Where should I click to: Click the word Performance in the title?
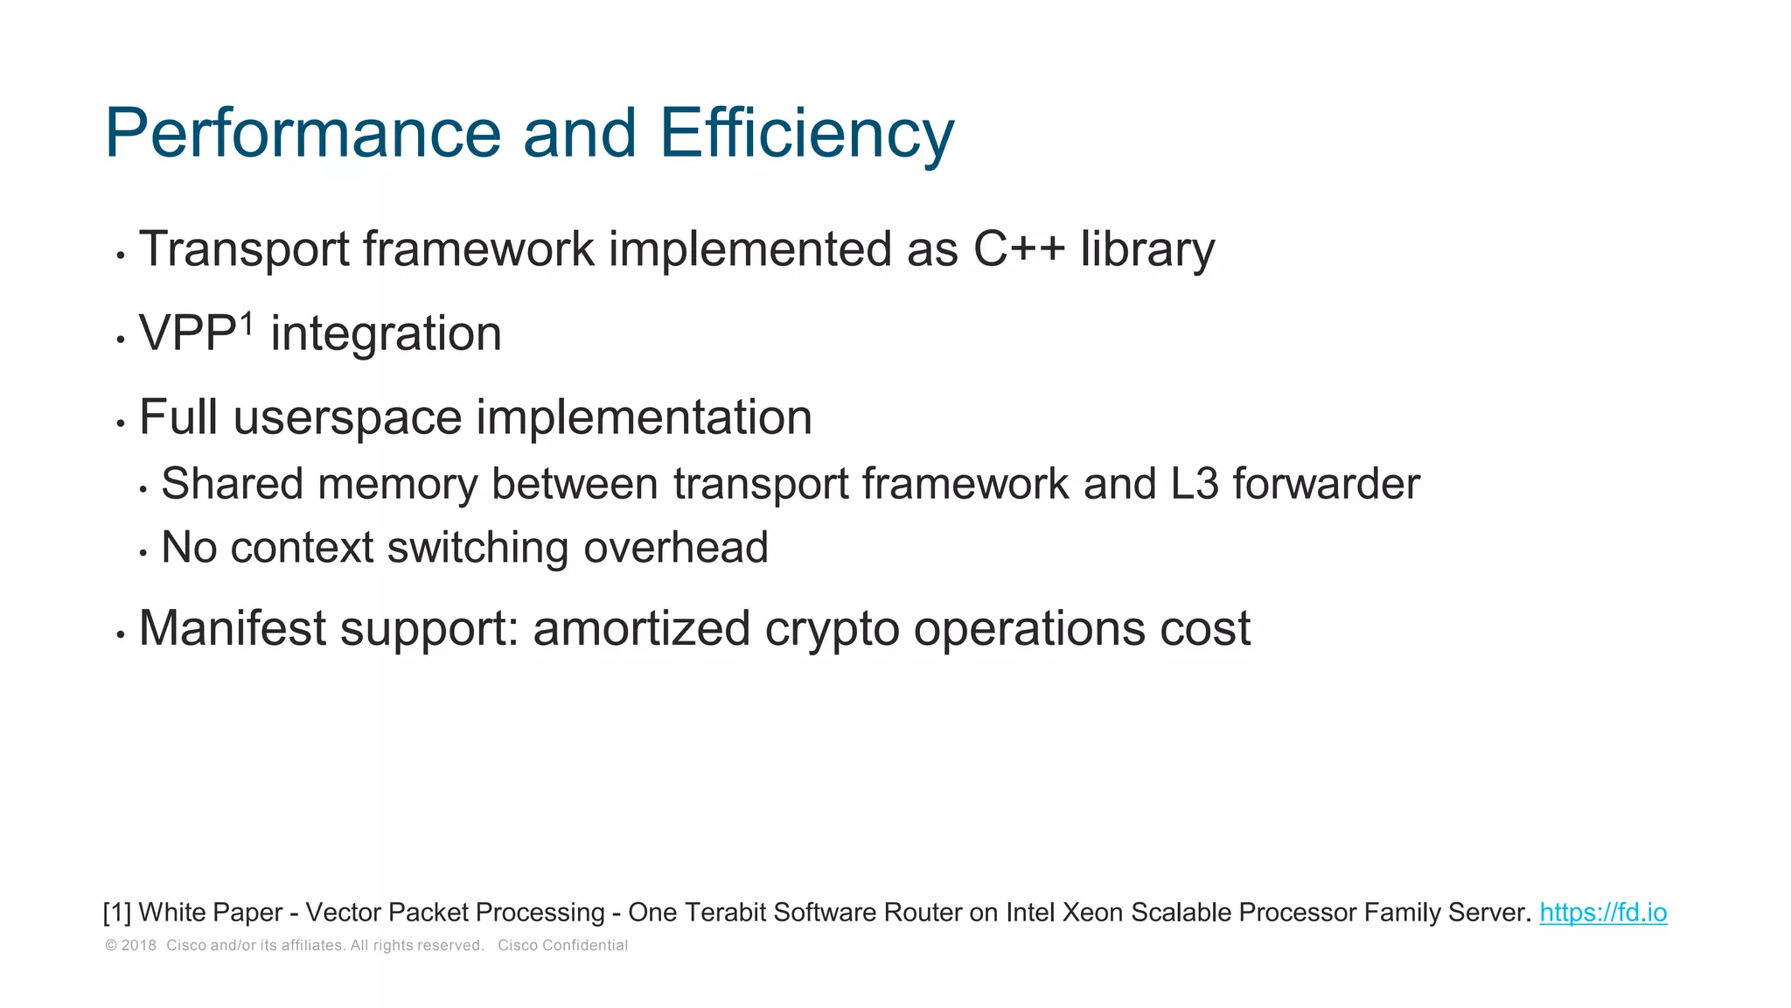(x=303, y=134)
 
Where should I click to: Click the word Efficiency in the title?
(x=805, y=134)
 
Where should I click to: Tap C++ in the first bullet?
(x=1019, y=249)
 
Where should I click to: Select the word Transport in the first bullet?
(x=244, y=249)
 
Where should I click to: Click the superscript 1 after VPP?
(x=247, y=323)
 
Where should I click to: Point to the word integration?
(x=386, y=334)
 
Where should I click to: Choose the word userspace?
(x=347, y=417)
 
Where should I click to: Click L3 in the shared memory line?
(x=1194, y=484)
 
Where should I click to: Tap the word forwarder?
(x=1326, y=484)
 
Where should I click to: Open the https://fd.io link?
(x=1603, y=913)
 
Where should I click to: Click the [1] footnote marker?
(x=117, y=913)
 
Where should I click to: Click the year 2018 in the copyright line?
(x=138, y=946)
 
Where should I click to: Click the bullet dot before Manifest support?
(x=121, y=634)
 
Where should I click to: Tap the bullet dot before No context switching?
(x=143, y=553)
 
